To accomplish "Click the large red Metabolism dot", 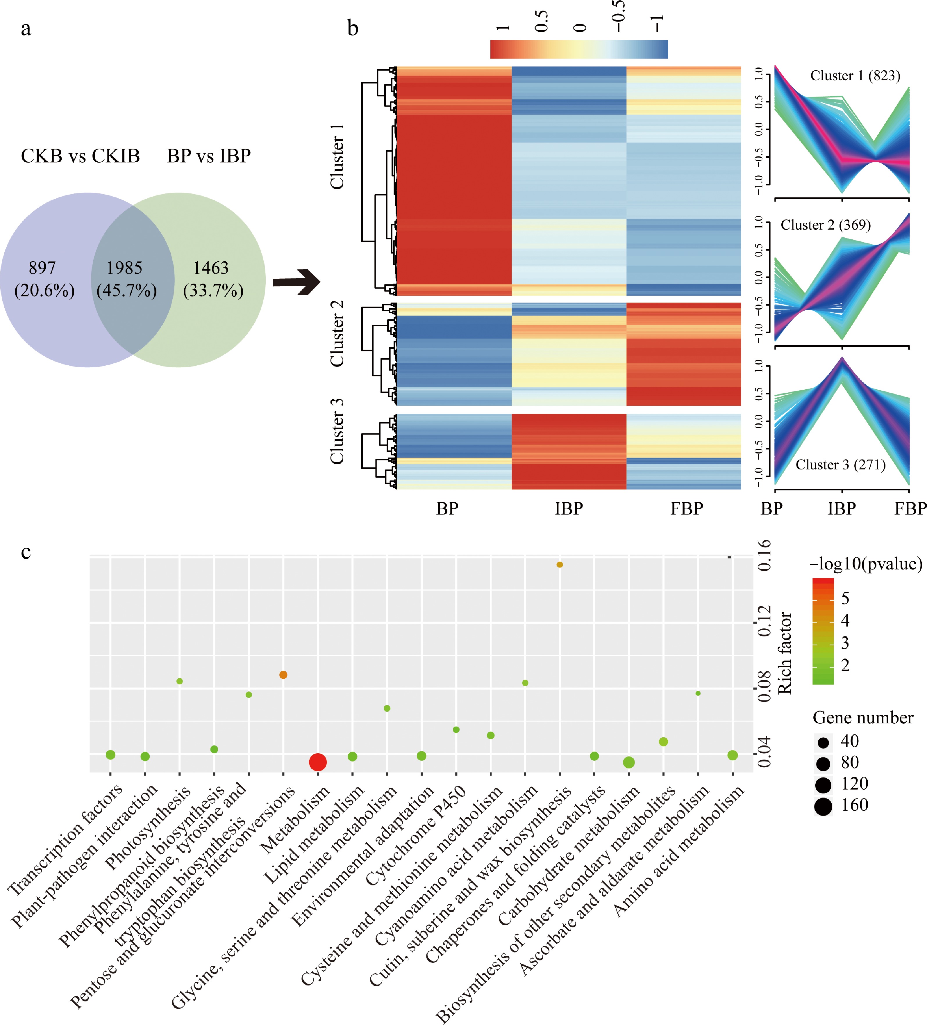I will (318, 762).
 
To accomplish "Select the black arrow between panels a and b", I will (296, 282).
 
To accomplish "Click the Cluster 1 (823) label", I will (855, 76).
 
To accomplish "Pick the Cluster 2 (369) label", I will (825, 225).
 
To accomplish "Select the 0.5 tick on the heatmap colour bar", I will (542, 21).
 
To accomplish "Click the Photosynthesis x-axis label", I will (149, 827).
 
